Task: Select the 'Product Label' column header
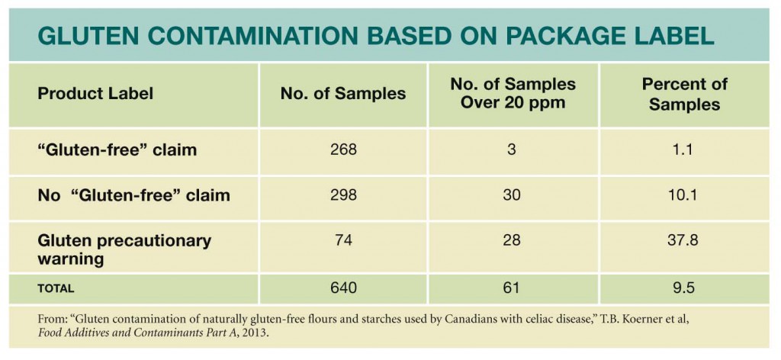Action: coord(95,94)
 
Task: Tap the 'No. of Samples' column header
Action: coord(343,94)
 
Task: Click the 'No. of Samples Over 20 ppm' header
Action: coord(513,94)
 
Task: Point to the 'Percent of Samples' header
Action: coord(684,94)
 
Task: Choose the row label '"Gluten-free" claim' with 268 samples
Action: coord(117,150)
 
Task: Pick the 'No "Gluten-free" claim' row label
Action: coord(133,196)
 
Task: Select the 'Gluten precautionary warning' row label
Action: coord(124,249)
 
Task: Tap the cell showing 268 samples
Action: coord(343,150)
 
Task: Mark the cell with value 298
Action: coord(343,196)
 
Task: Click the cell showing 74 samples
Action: coord(343,241)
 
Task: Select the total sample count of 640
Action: coord(343,289)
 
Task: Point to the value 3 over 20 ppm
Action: coord(513,150)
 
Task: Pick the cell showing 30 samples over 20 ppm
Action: coord(513,196)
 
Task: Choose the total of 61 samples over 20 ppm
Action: coord(513,289)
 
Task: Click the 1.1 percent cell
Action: coord(684,150)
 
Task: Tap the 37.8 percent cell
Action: coord(684,241)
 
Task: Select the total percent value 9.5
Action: coord(684,289)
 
